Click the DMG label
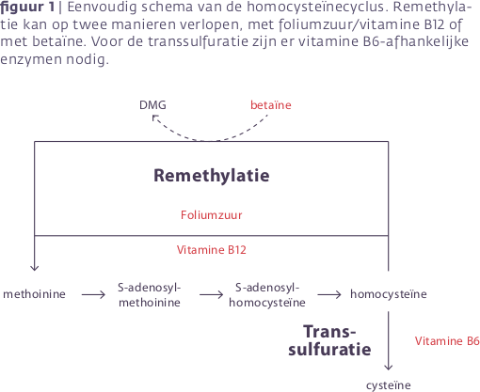point(152,105)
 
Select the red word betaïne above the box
point(271,105)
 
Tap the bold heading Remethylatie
point(212,176)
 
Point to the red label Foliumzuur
point(212,215)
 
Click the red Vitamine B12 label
point(212,250)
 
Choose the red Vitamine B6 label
point(447,340)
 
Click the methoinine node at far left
point(34,294)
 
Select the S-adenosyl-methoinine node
point(150,295)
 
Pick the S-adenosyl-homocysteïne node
point(267,295)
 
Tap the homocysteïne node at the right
point(389,294)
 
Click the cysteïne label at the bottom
point(389,385)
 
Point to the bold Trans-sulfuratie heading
point(329,340)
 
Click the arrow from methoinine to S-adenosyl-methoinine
point(93,294)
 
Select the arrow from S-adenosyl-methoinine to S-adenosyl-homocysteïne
point(211,294)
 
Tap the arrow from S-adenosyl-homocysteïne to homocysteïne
point(329,294)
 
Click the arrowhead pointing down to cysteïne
point(389,368)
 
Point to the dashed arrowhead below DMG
point(154,118)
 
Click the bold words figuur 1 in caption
point(27,7)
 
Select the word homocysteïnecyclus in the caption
point(315,7)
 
